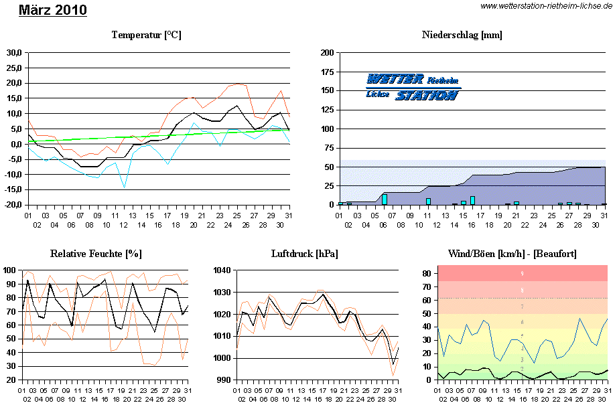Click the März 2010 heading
52,10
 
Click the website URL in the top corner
547,6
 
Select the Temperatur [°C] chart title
146,35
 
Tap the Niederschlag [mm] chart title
462,35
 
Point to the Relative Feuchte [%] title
96,254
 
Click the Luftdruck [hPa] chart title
304,254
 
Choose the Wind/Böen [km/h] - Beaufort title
512,254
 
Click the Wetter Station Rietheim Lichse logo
413,87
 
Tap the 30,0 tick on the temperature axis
14,52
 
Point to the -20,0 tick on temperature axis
13,205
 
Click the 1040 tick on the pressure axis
221,270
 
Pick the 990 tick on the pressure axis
223,380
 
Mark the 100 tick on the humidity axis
10,270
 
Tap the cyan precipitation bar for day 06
385,199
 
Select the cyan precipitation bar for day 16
472,200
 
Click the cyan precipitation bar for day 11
428,201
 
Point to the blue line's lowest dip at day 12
124,187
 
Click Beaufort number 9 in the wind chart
522,274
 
